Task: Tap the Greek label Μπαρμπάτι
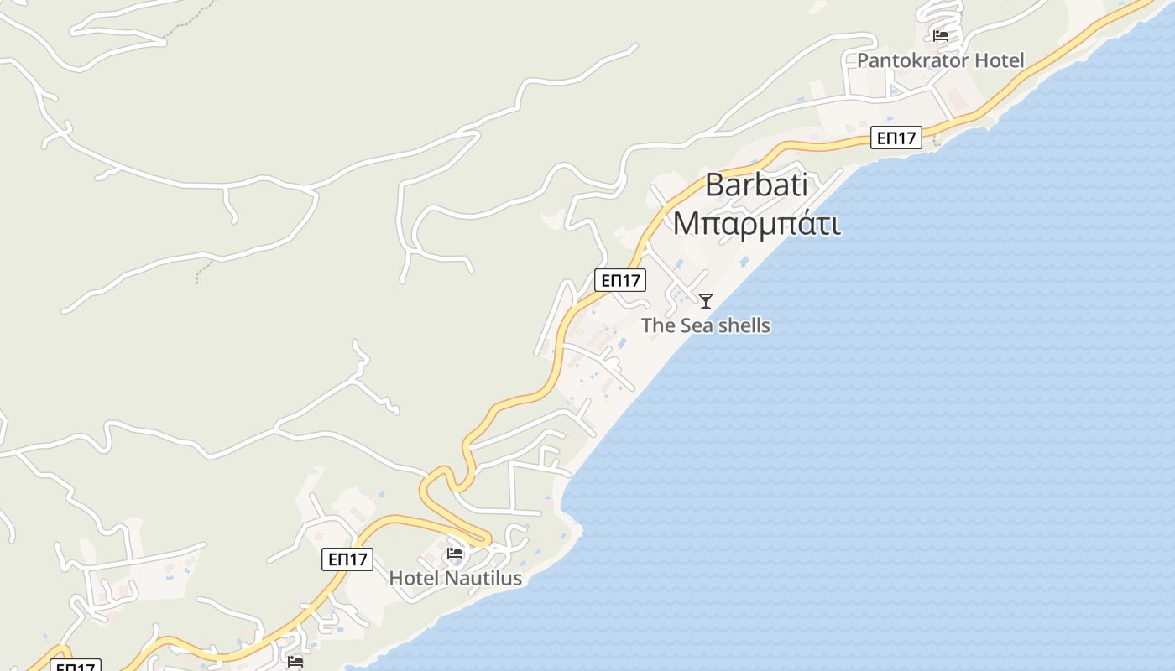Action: coord(757,224)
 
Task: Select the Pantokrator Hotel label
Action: coord(940,60)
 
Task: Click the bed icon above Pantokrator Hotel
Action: coord(940,36)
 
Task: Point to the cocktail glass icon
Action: coord(706,300)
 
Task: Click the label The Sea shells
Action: coord(706,325)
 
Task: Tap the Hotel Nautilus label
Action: coord(455,578)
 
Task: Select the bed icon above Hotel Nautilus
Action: coord(455,554)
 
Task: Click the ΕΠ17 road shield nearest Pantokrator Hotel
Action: coord(896,138)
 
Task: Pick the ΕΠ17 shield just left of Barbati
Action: coord(620,280)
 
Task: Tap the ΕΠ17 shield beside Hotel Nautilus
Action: coord(347,559)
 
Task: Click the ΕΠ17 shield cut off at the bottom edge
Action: coord(76,666)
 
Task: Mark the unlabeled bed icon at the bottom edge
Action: coord(295,662)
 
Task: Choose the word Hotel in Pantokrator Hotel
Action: coord(999,60)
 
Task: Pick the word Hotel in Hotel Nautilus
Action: coord(414,578)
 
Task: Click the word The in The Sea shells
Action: coord(658,325)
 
